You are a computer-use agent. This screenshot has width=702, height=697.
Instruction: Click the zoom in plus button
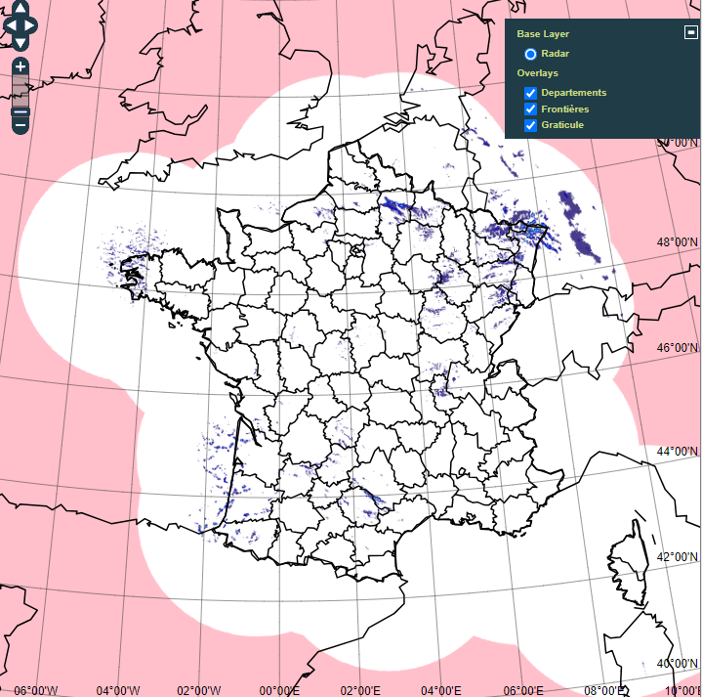coord(21,67)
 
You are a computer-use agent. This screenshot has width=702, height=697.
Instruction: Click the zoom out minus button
coord(21,123)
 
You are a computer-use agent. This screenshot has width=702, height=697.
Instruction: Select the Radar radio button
coord(530,54)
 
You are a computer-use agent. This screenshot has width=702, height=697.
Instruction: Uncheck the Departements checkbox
coord(531,93)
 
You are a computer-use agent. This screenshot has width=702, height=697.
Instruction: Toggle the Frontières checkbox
coord(531,109)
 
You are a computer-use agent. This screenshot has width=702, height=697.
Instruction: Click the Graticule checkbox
coord(531,125)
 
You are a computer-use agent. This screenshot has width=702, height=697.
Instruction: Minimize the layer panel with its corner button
coord(690,32)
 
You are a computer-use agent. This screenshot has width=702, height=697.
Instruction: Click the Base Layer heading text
coord(543,34)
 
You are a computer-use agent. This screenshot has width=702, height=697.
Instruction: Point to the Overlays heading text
coord(538,73)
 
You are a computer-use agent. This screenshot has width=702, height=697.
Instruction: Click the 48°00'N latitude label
coord(678,242)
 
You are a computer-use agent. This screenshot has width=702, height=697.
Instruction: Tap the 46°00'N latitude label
coord(678,347)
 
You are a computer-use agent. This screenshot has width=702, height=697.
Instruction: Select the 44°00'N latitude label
coord(678,452)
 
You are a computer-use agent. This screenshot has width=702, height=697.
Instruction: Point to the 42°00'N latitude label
coord(678,556)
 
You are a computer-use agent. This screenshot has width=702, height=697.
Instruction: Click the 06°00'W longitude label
coord(35,690)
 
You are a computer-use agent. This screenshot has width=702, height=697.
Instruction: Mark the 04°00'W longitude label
coord(117,690)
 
